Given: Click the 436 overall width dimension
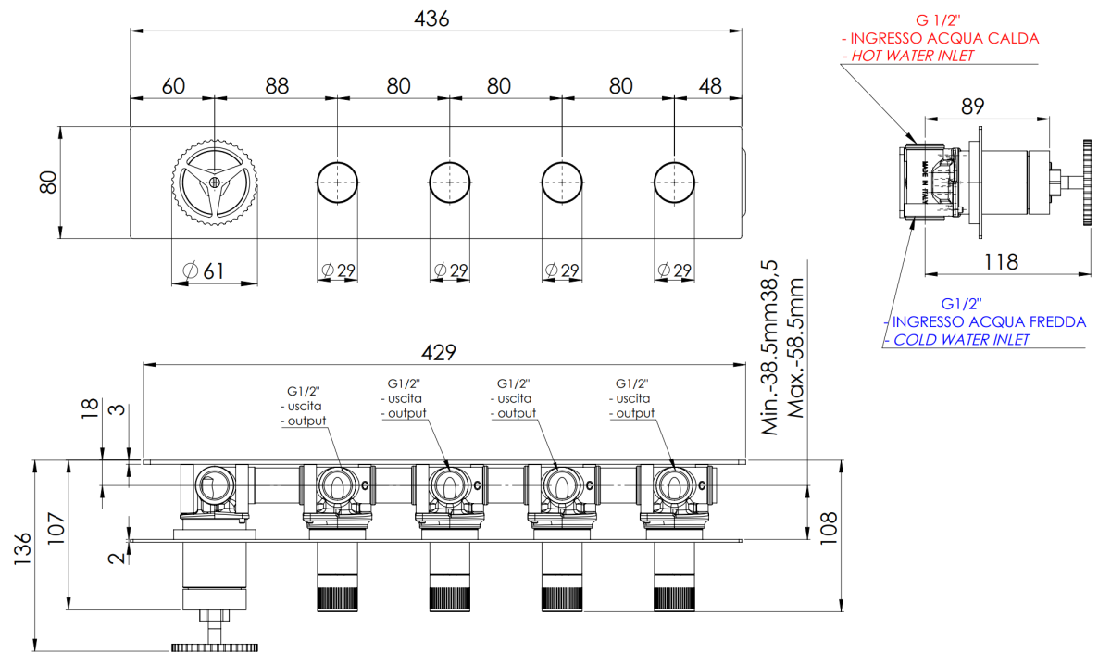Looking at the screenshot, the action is [431, 19].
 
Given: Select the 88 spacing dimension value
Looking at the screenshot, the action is [277, 86].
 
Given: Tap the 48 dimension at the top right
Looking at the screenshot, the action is [710, 86].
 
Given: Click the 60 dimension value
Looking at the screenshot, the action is [173, 86].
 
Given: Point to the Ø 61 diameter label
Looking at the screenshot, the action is [204, 271].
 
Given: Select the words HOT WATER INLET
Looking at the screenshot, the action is [913, 56].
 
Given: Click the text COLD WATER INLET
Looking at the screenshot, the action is [961, 340].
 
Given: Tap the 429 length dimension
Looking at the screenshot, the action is [439, 352].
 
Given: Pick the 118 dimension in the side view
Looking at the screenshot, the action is [1001, 261].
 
